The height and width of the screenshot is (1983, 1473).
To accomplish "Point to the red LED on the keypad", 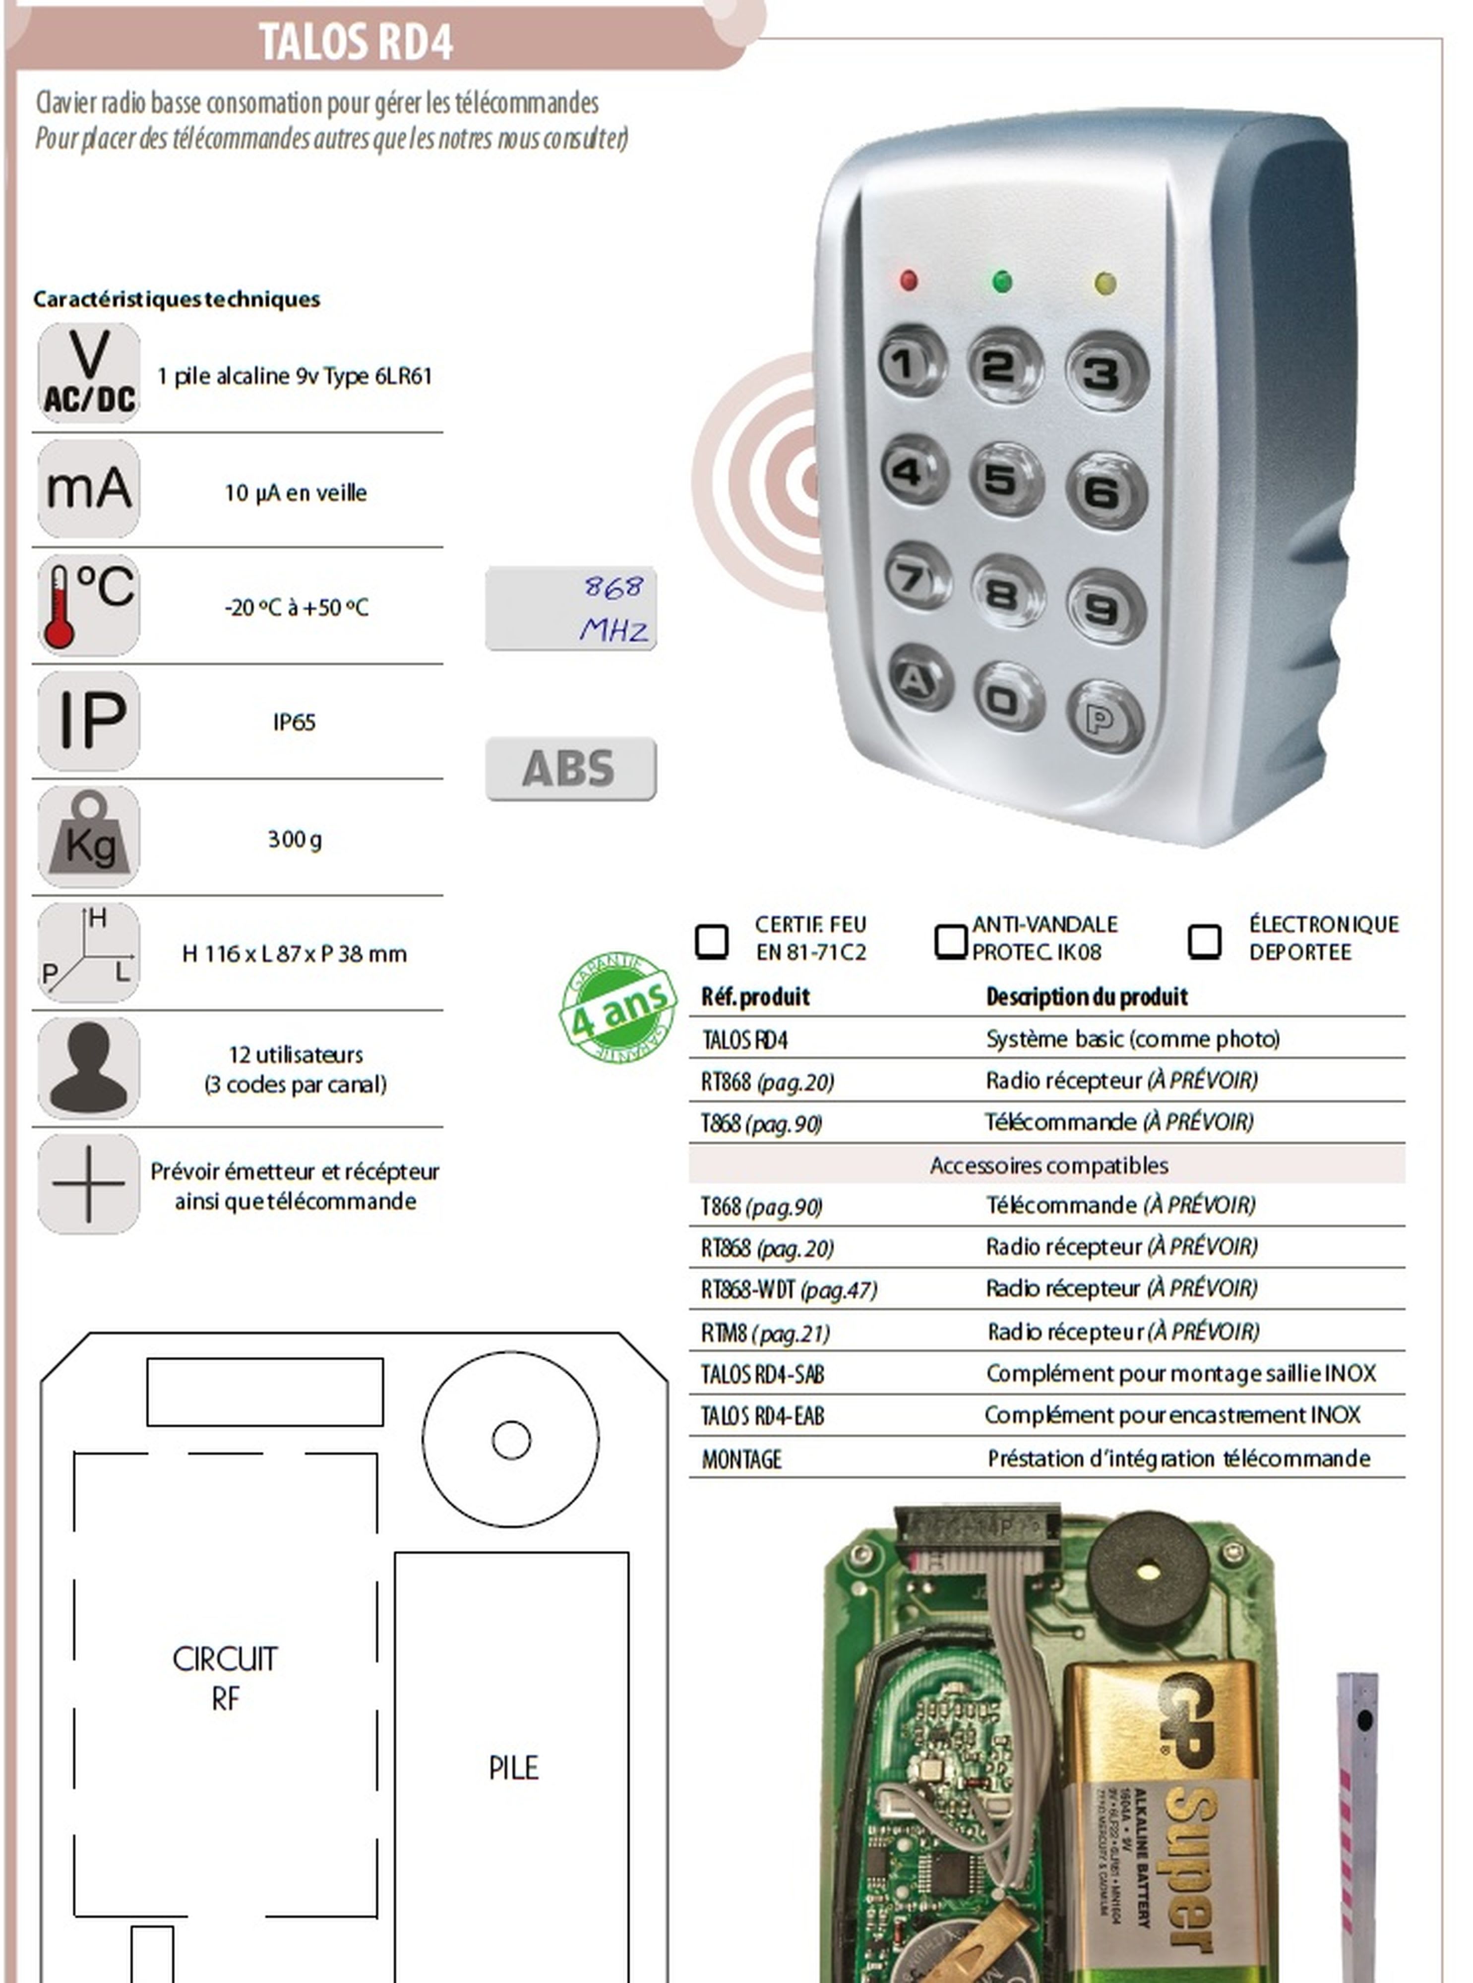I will pos(909,281).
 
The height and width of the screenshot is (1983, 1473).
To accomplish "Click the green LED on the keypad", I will pos(1002,282).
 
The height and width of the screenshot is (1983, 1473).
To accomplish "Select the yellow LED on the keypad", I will pos(1105,284).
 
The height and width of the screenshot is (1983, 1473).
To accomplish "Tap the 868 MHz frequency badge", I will pos(571,609).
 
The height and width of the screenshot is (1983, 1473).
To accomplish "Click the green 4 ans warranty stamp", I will pos(617,1007).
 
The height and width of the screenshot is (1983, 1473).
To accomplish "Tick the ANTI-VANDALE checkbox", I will pos(950,940).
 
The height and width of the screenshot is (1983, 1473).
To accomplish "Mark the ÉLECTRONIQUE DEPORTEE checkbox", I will pos(1204,940).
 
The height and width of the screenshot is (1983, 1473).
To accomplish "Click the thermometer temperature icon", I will pos(88,605).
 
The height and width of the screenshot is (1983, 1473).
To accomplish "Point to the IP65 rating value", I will pos(294,722).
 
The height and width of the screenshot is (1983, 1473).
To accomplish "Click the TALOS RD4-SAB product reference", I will pos(762,1374).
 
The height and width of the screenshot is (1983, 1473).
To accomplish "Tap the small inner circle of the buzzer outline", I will pos(511,1439).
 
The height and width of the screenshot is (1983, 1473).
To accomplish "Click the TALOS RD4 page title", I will pos(356,42).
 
